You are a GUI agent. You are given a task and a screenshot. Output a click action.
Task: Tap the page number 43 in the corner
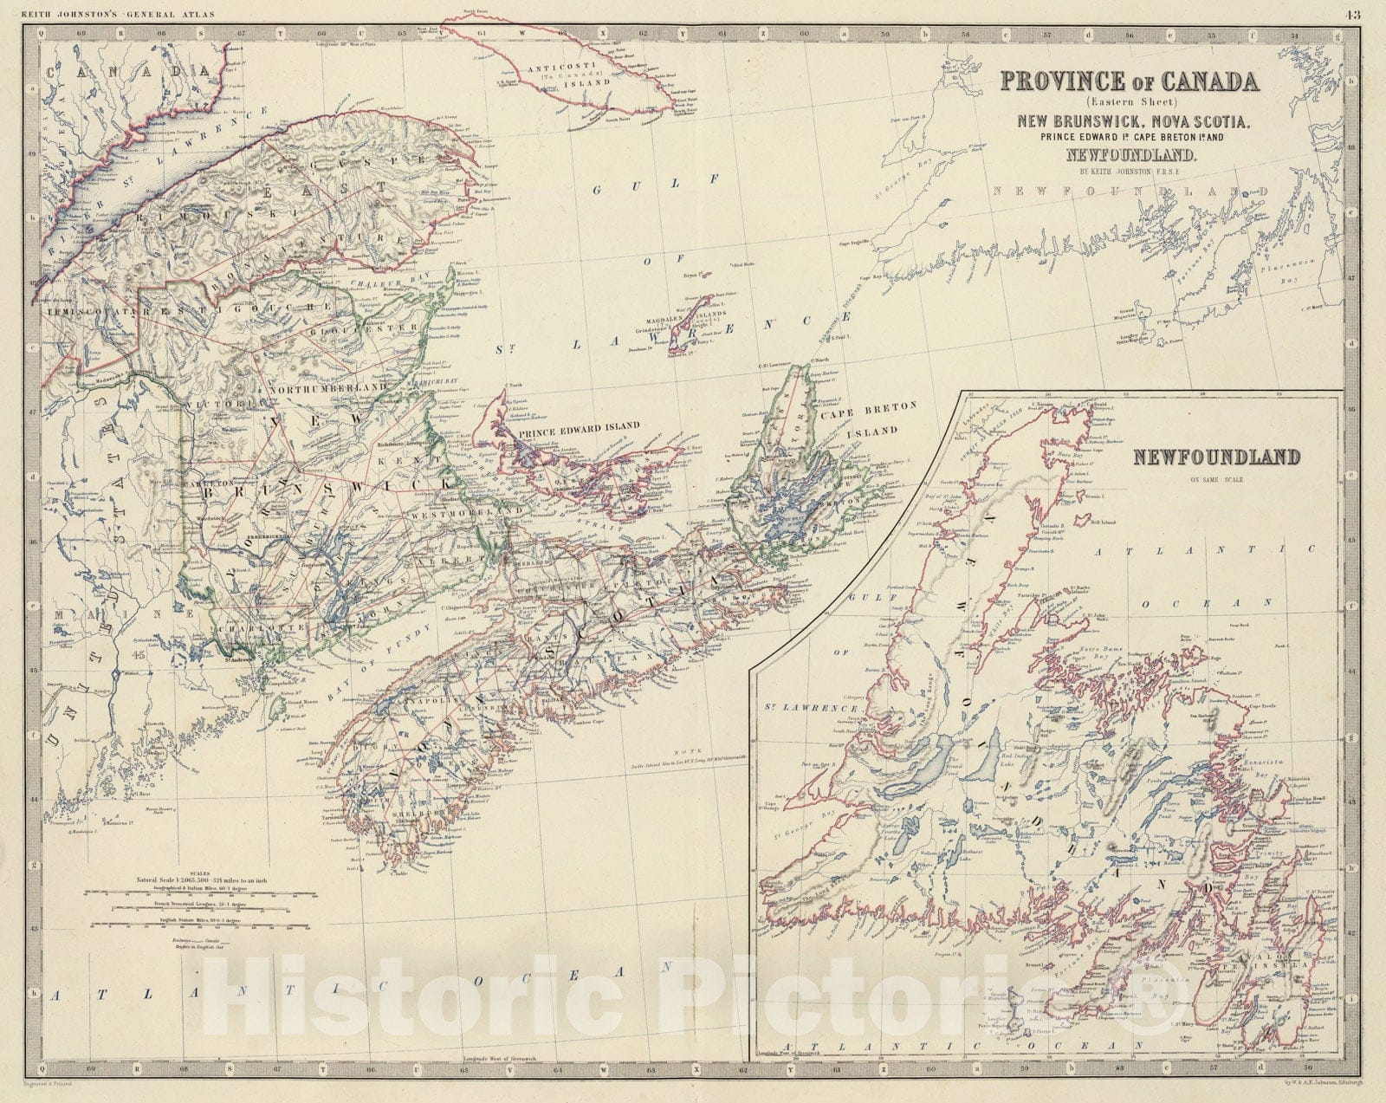(1353, 13)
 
